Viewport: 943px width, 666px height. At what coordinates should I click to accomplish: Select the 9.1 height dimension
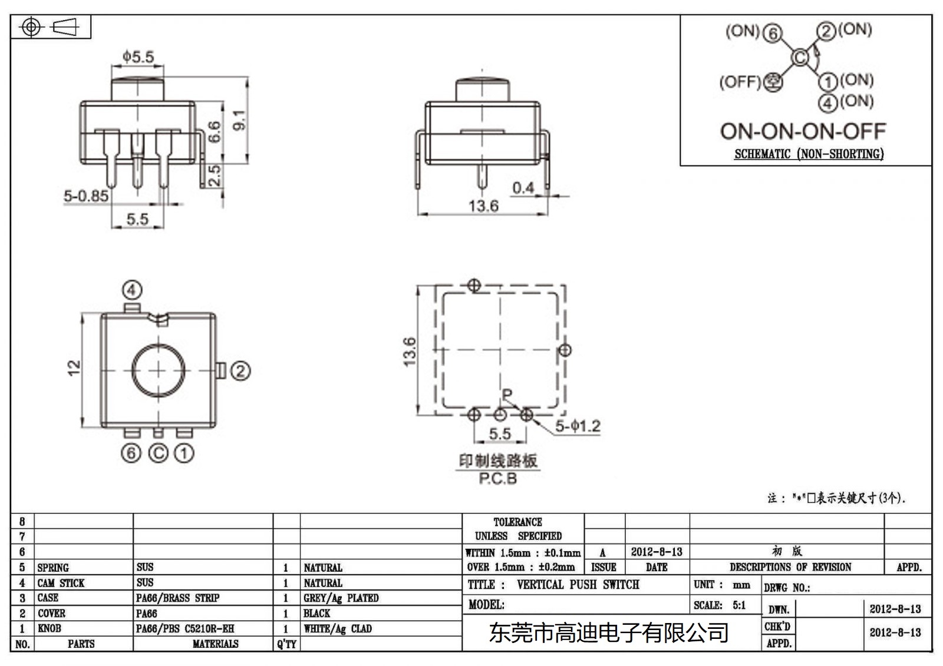240,120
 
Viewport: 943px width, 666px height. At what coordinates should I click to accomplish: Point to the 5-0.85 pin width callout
86,196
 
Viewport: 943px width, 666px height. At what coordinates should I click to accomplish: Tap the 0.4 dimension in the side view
523,188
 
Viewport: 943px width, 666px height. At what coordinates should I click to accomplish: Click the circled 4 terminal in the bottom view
132,290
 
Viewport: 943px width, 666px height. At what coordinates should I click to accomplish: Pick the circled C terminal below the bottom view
158,453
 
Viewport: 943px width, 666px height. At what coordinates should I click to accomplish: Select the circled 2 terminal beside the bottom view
240,371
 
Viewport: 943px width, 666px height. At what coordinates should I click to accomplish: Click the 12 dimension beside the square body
74,368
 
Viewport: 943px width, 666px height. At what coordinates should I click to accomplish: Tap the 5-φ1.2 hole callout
578,426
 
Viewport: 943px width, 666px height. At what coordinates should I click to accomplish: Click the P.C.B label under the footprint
498,479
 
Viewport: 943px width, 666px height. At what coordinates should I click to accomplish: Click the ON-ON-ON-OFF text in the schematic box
803,131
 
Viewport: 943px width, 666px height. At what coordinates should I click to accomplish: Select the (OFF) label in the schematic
740,81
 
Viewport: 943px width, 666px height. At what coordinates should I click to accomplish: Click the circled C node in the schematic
800,57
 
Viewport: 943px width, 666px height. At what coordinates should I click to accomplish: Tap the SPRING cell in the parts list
53,568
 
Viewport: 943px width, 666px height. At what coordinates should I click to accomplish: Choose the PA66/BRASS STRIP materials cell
177,598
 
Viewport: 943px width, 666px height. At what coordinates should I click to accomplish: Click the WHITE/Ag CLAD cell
338,628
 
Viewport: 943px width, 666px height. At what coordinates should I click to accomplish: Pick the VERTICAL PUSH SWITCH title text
578,585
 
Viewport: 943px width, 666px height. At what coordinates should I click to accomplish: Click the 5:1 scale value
739,605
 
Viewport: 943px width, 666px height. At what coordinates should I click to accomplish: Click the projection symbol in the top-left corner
51,27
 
